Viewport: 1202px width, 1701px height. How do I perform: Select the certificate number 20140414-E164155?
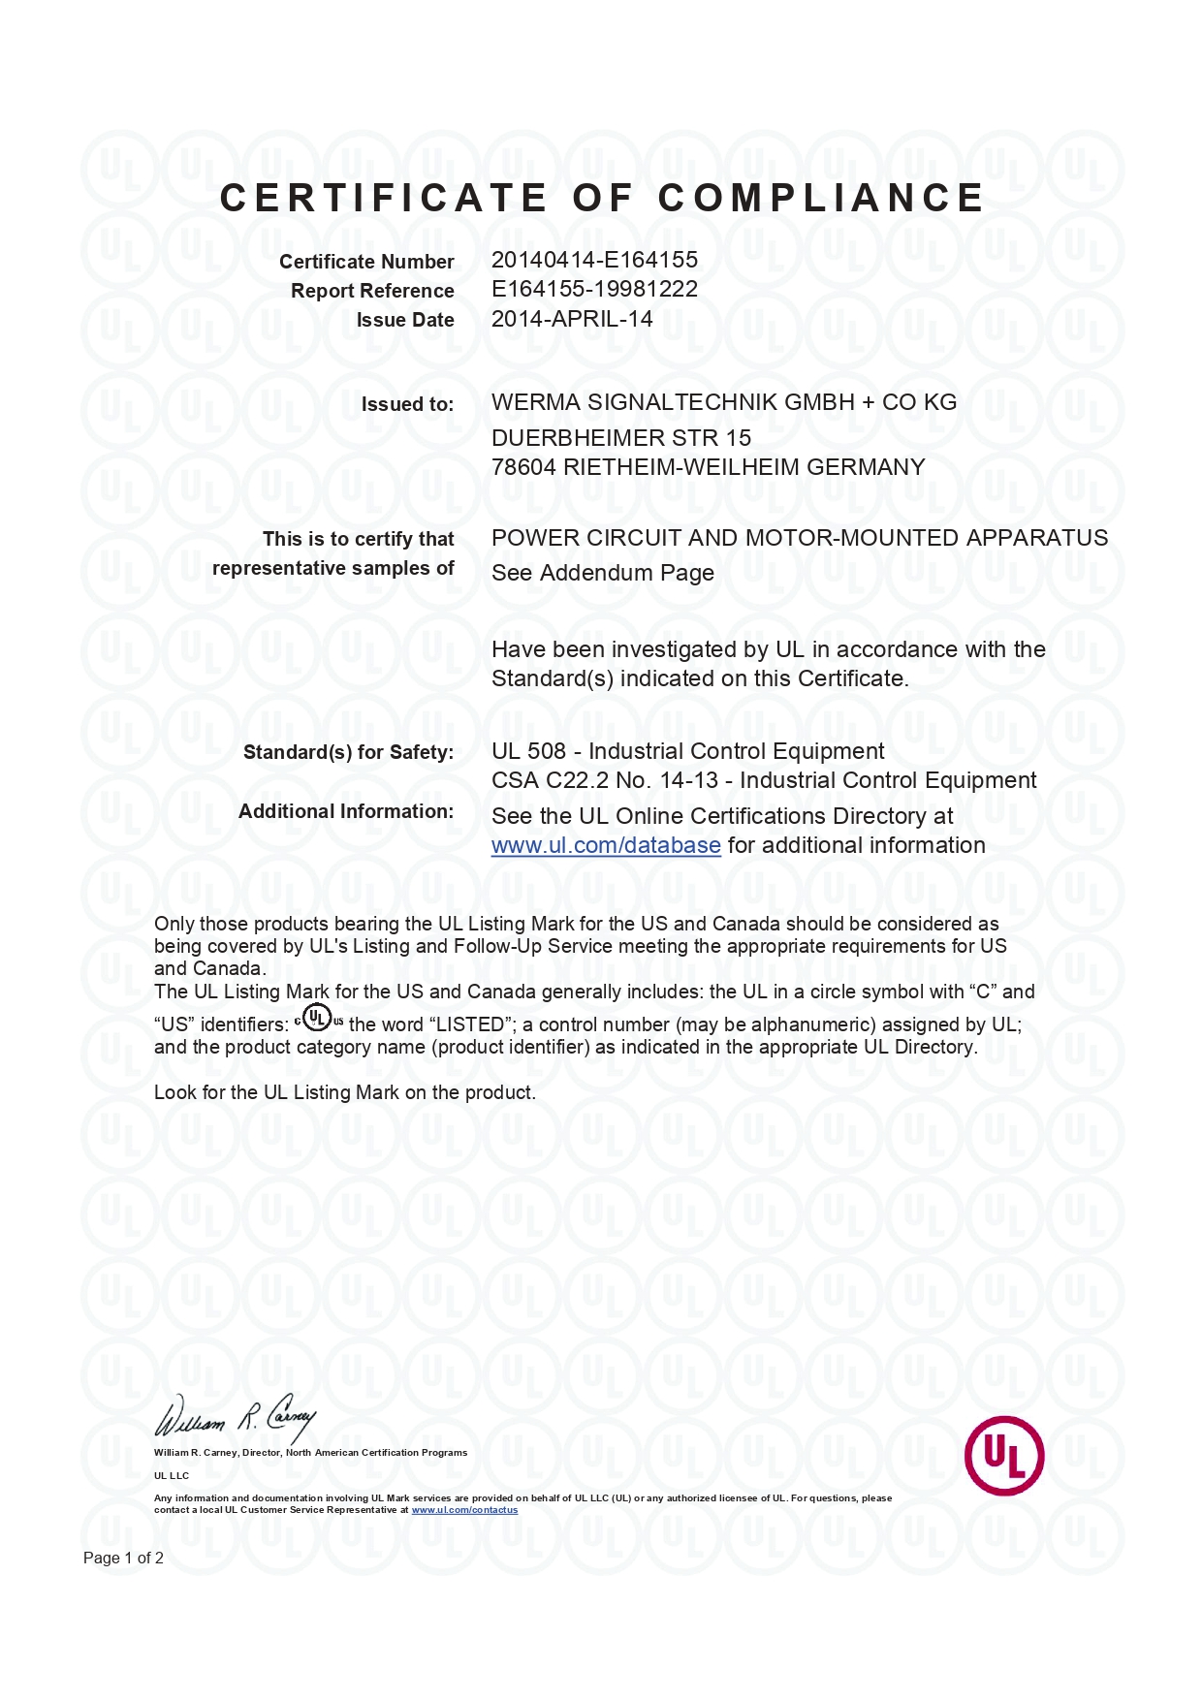(x=594, y=260)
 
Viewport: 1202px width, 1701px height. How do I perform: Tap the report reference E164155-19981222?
(x=594, y=289)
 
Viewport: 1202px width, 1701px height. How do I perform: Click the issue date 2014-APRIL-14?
(x=572, y=319)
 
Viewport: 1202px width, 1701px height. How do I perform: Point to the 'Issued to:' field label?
(x=407, y=404)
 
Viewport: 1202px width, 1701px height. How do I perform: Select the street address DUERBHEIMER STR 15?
(x=620, y=438)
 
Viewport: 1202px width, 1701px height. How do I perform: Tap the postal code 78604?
(x=523, y=467)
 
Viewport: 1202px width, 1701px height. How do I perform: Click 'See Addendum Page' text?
(x=602, y=573)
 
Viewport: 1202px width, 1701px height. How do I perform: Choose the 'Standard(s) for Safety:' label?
(x=348, y=752)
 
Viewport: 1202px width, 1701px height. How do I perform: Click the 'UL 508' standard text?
(x=528, y=751)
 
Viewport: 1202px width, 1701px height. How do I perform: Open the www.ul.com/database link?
(x=606, y=845)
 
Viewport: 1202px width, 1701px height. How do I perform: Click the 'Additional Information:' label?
(x=346, y=811)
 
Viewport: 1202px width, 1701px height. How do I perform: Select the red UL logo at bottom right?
(x=1003, y=1455)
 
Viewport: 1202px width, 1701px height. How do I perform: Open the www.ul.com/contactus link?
(x=464, y=1510)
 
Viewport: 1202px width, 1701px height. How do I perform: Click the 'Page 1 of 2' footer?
(x=123, y=1558)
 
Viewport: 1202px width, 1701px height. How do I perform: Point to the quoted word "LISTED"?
(x=472, y=1024)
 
